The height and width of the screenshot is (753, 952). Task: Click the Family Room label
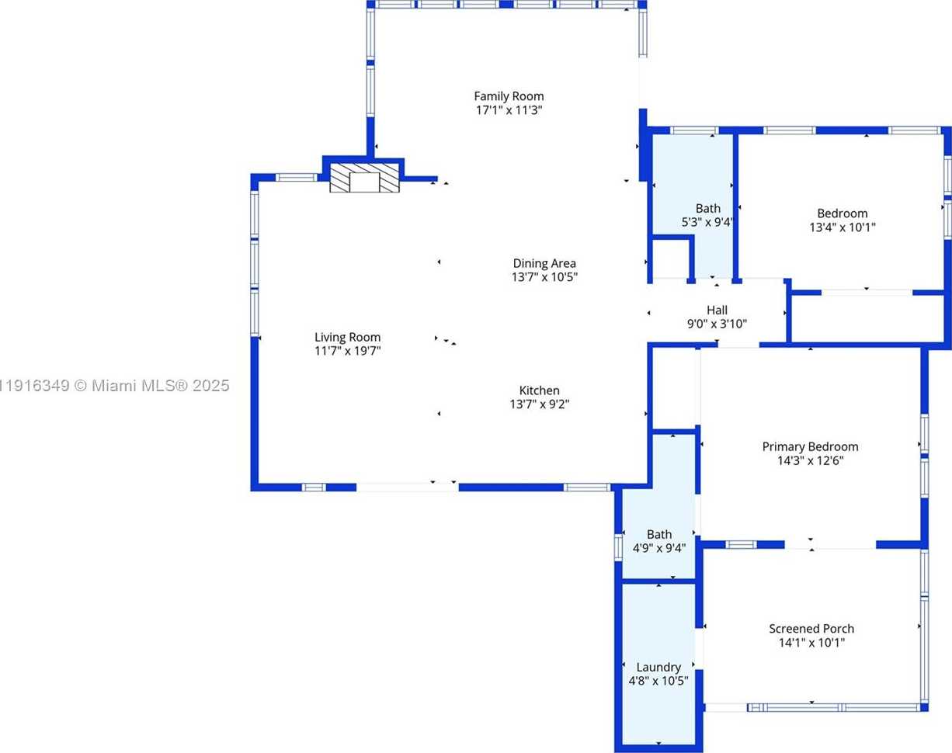509,96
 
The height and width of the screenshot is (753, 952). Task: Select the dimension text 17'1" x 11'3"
509,110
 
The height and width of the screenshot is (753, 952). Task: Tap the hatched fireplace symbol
364,178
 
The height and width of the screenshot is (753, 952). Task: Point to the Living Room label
347,337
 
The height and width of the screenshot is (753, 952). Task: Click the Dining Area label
544,263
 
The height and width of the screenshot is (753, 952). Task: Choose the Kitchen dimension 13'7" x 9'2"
539,404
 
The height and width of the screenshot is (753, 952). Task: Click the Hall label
717,310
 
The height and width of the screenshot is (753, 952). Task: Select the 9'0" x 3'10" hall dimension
717,324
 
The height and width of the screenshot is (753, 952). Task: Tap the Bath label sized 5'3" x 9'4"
707,208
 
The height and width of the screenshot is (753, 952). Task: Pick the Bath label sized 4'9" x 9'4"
659,534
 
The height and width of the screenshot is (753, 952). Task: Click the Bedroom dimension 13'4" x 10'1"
843,227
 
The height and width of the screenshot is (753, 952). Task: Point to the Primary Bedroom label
810,446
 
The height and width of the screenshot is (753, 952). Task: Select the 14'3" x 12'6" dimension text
810,460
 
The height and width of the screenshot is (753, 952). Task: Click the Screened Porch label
811,628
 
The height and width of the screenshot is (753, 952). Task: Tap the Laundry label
658,667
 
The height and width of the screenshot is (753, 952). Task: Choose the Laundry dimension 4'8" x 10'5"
658,681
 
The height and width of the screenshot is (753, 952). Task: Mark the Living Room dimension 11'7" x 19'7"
347,351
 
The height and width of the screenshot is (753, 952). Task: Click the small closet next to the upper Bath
669,259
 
